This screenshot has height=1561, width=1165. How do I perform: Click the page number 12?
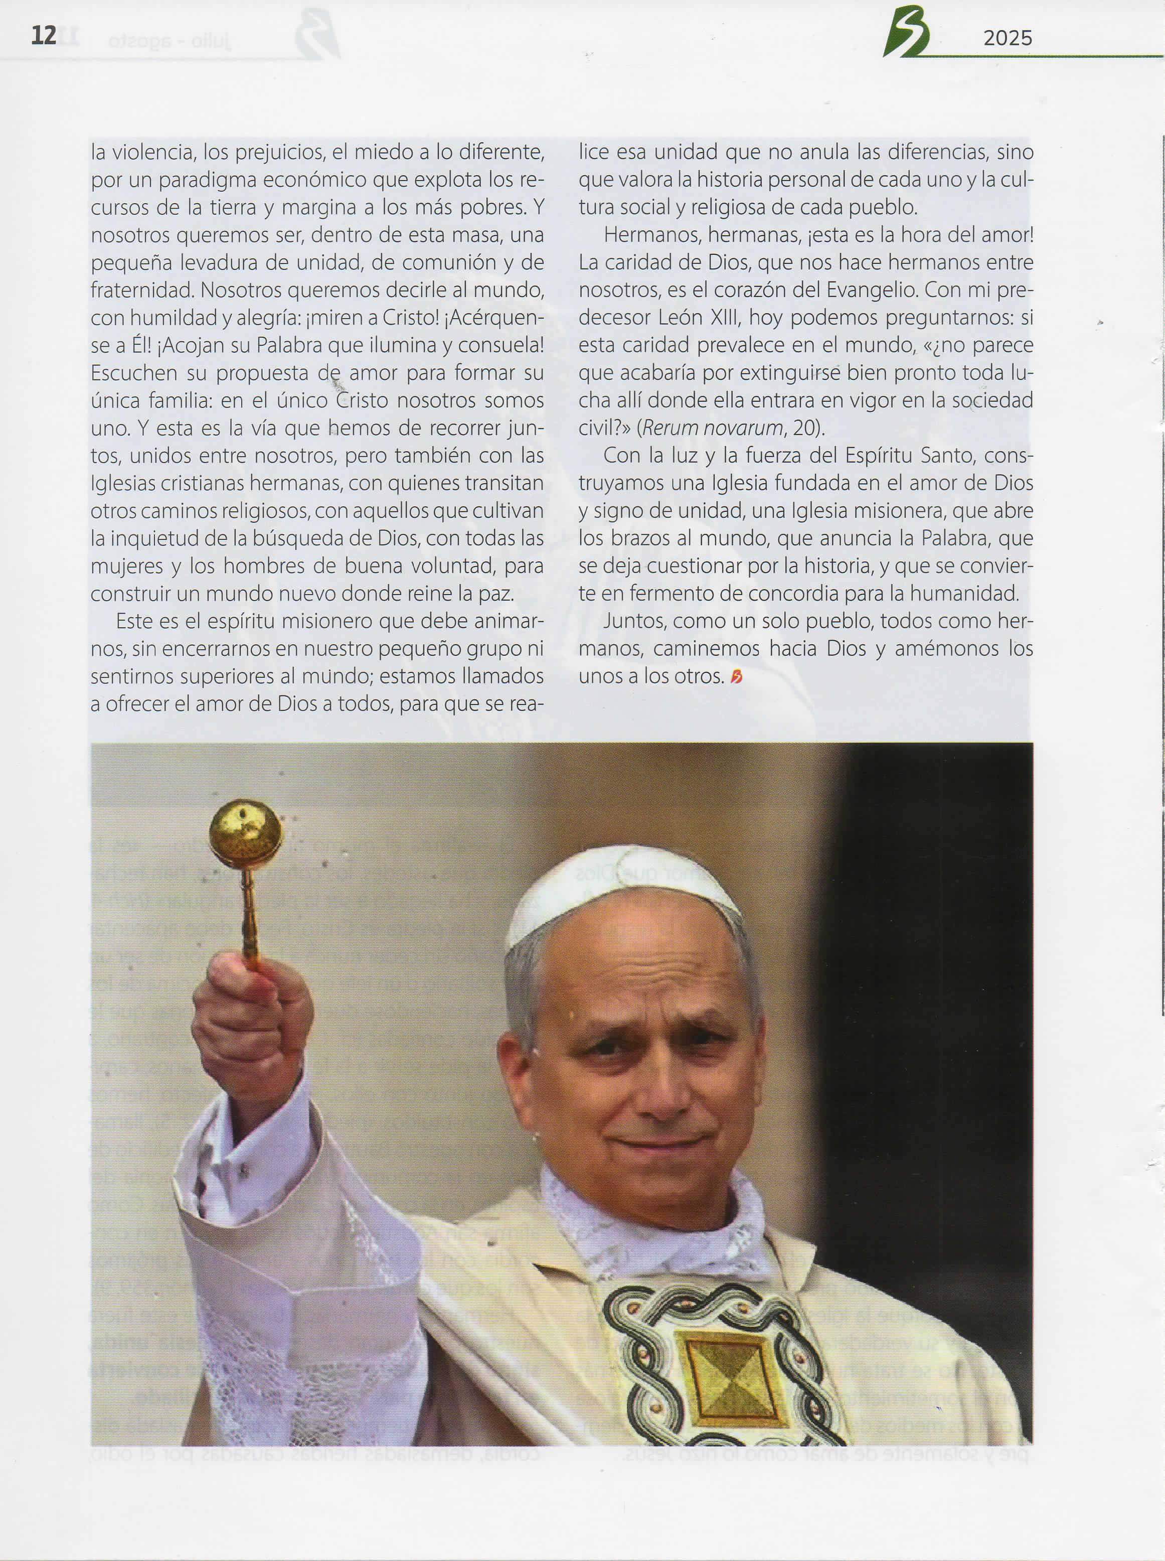coord(44,35)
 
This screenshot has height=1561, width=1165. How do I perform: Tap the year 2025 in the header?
coord(1007,38)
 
